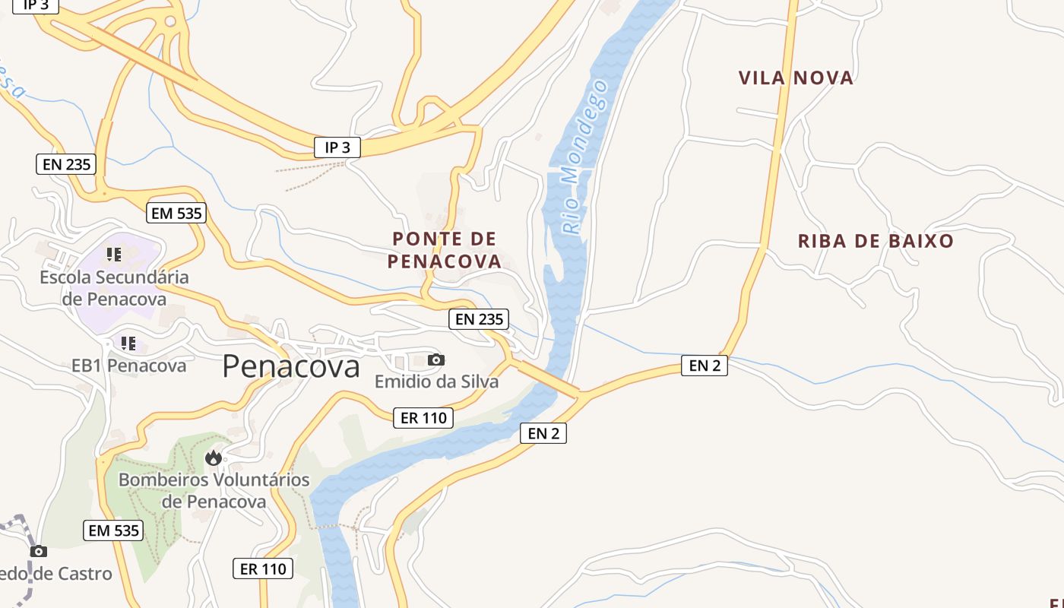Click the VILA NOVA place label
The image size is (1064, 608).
point(796,78)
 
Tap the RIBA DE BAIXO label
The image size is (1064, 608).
point(876,242)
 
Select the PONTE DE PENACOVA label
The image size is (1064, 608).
point(445,250)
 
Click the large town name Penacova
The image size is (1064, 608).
point(291,367)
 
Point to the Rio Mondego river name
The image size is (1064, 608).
point(585,156)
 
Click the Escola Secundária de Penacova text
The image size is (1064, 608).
point(114,288)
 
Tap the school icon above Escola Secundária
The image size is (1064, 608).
point(114,255)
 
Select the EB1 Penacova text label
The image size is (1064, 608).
point(128,366)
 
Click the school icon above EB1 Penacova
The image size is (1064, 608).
point(128,344)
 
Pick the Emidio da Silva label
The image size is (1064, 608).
point(436,382)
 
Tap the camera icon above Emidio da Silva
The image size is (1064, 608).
point(436,359)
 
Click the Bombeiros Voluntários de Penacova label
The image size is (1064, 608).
point(214,490)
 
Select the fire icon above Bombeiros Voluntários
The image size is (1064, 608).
point(214,458)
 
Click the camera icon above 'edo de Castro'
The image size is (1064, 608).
point(39,551)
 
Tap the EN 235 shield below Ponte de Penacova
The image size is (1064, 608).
point(479,319)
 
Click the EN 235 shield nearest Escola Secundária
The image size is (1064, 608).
point(66,163)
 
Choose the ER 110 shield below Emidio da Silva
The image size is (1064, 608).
point(423,417)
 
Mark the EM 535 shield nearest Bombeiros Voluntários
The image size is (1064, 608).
point(113,530)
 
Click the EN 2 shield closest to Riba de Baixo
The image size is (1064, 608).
point(704,366)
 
